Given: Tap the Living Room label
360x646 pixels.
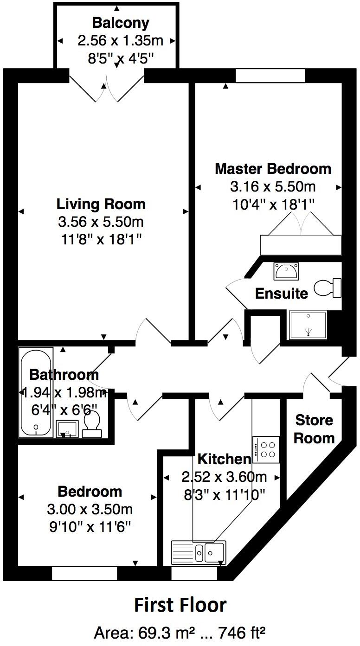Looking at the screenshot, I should pos(101,204).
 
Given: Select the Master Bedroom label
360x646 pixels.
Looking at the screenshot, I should pos(273,168).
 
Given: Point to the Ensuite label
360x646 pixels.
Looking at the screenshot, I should pos(282,294).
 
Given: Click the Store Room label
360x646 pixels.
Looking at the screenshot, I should pos(315,429).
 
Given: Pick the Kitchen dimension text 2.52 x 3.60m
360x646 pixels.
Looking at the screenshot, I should pos(224,477).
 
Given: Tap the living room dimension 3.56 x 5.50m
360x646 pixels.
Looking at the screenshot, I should pos(101,222).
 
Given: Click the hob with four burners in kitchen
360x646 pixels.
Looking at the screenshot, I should pos(266,449).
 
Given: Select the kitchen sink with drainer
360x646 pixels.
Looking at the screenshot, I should pos(199,552).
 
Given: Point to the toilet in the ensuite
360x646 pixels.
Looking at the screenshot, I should pos(328,288).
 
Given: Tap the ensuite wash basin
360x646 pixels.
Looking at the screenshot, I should pos(286,271).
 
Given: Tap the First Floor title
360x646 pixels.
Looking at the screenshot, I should pos(180,605).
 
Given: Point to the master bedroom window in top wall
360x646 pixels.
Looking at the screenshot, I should pos(270,76).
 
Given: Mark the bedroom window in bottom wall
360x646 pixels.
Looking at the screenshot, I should pos(84,574).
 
